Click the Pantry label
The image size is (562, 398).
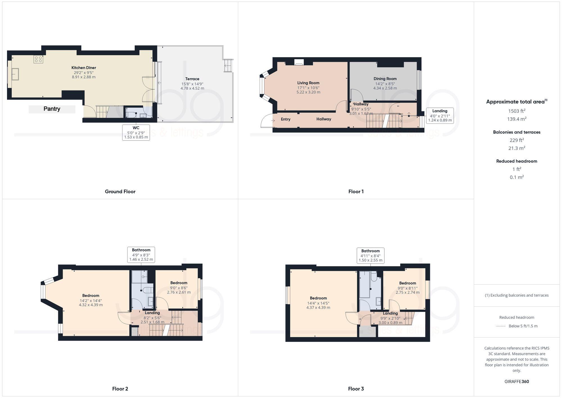tap(52, 109)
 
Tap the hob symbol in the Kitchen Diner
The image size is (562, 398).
tap(38, 59)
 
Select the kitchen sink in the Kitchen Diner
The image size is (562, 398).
tap(15, 74)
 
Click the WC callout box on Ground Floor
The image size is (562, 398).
tap(136, 132)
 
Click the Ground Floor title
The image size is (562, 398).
tap(120, 192)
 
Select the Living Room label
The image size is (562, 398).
tap(308, 83)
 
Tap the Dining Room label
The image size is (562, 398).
tap(385, 79)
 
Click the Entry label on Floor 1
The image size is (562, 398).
tap(285, 119)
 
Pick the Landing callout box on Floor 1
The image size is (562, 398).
tap(439, 116)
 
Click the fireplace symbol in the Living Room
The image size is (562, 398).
tap(299, 62)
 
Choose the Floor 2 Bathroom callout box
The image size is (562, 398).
tap(141, 255)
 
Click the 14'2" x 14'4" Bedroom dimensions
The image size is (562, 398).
tap(91, 302)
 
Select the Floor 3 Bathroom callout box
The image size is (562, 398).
tap(370, 255)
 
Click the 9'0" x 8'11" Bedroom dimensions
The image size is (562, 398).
tap(407, 290)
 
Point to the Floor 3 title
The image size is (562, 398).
tap(356, 389)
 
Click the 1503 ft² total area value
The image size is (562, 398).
tap(516, 111)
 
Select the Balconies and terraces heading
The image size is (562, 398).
tap(516, 132)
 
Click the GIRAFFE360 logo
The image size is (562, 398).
tap(516, 382)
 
